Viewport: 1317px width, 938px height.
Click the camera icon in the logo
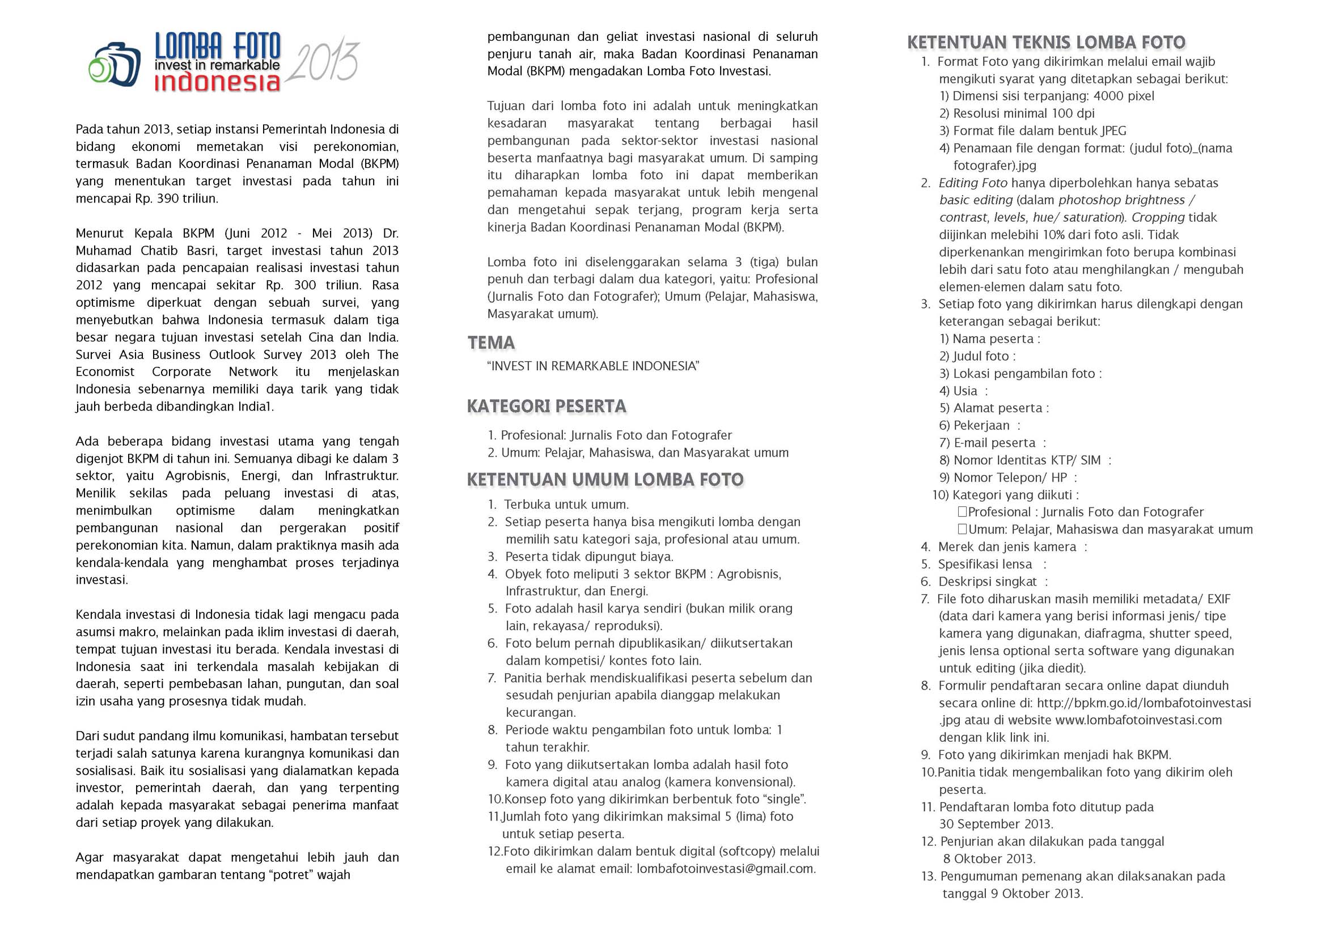pos(115,64)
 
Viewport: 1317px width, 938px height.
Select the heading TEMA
pos(491,343)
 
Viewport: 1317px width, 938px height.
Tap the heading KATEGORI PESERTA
pos(546,406)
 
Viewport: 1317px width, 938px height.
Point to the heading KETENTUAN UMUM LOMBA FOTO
pos(605,479)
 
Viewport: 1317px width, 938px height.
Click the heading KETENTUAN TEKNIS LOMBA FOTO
pos(1045,42)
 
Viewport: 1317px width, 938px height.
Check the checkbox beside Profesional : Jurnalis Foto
pos(962,512)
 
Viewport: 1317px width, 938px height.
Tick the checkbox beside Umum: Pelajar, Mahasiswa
pos(962,529)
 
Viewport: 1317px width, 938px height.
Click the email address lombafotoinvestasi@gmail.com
pos(725,869)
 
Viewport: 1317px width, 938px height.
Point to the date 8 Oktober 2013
pos(989,859)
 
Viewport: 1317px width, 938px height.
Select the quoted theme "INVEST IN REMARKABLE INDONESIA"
pos(593,366)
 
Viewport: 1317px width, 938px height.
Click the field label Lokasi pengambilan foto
pos(1024,374)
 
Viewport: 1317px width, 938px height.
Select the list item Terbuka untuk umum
pos(566,505)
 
